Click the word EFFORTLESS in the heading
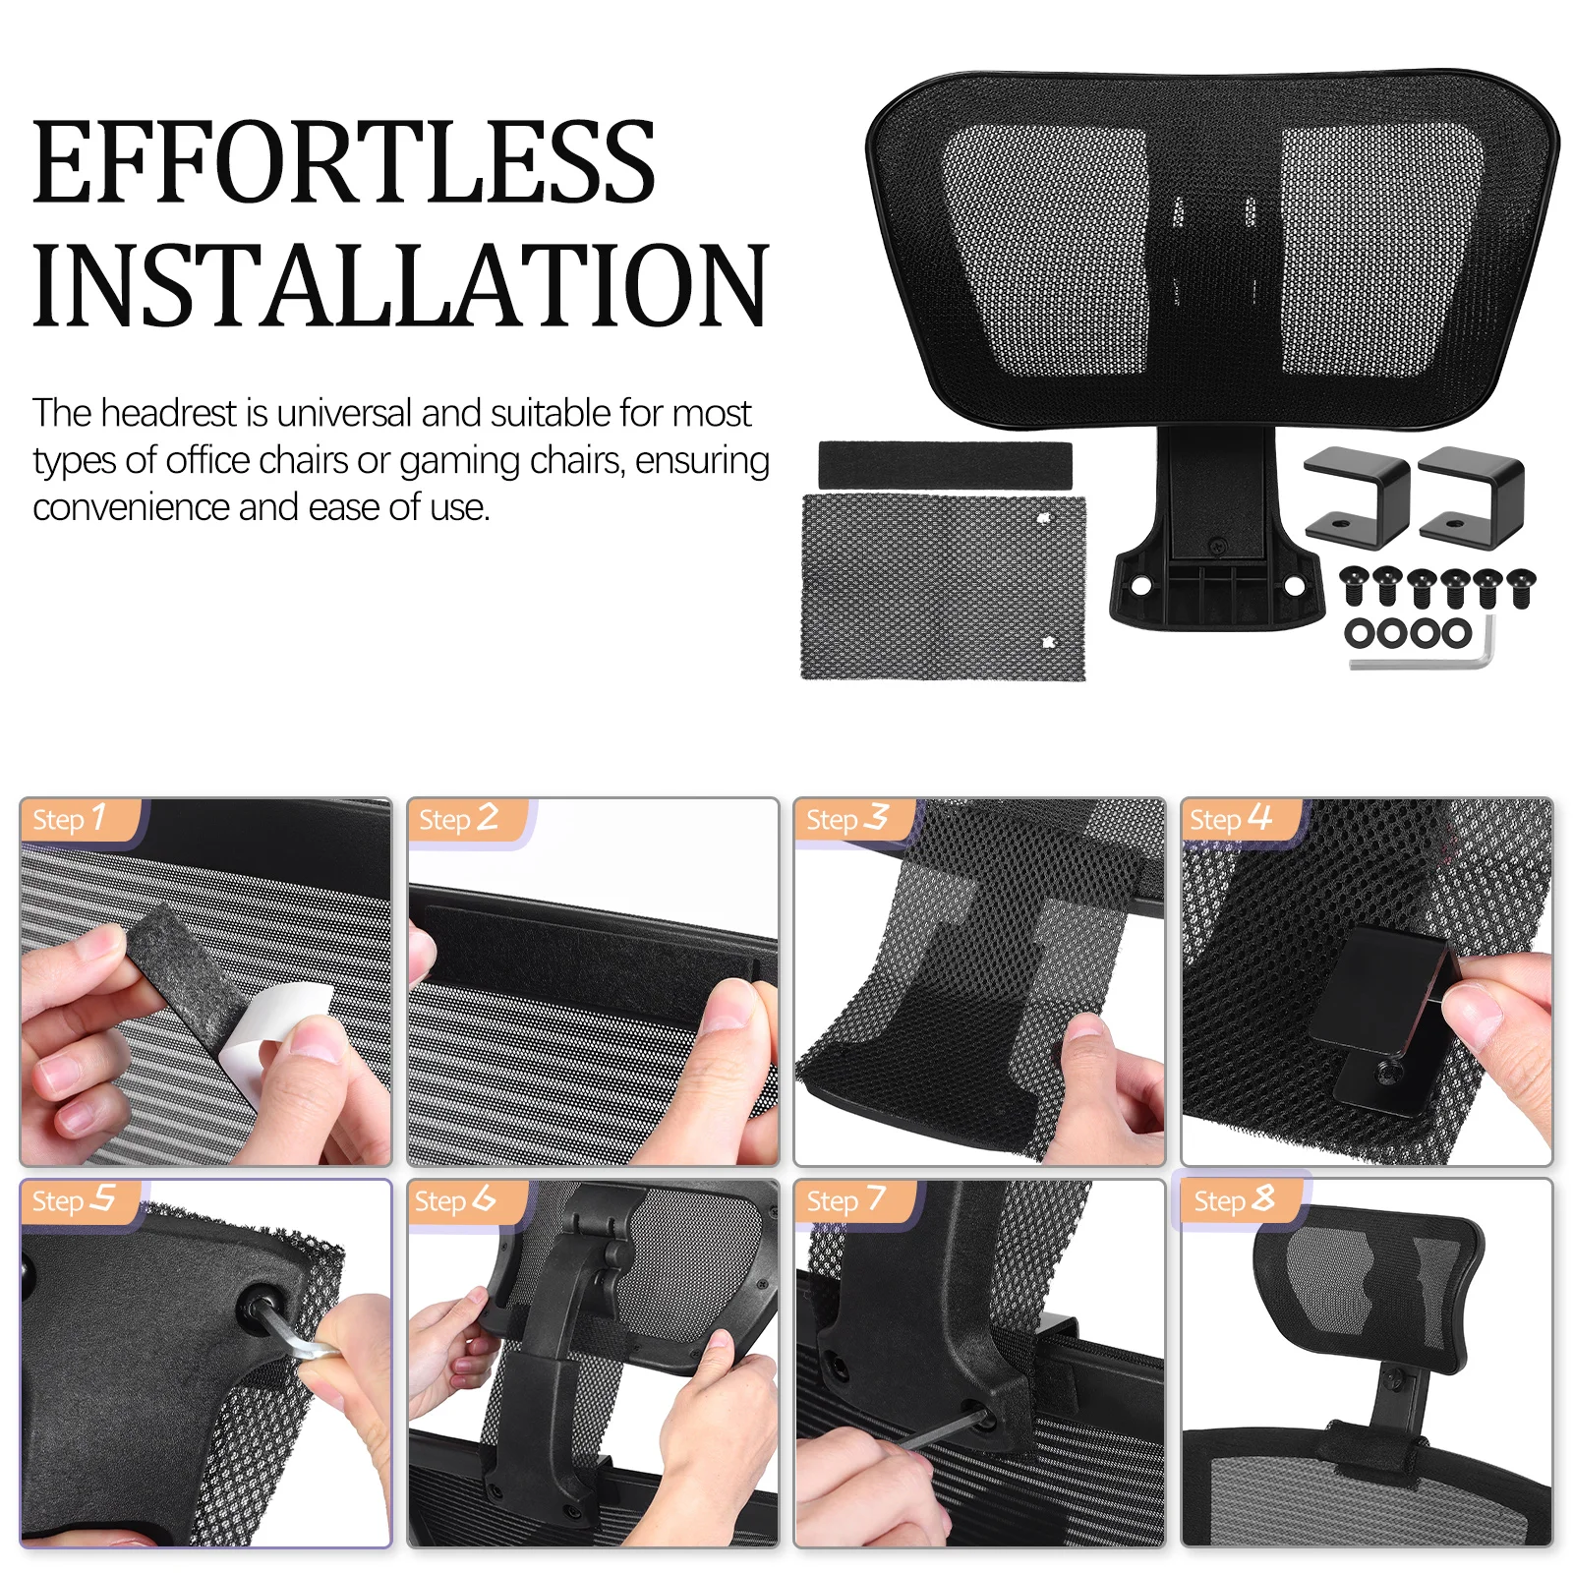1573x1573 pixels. click(343, 163)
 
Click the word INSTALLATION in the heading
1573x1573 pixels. click(399, 285)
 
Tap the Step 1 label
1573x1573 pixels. click(69, 819)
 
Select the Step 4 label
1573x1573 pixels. click(1230, 819)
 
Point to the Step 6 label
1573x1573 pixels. click(454, 1200)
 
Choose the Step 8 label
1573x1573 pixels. click(1234, 1200)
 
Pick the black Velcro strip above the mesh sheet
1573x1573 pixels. click(945, 464)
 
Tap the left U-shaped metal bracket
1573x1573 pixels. click(1357, 492)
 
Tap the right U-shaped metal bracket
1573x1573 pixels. click(1472, 492)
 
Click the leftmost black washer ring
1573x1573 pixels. click(1362, 633)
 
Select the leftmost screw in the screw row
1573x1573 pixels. click(1355, 586)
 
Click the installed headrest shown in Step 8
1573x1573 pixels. click(1367, 1288)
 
